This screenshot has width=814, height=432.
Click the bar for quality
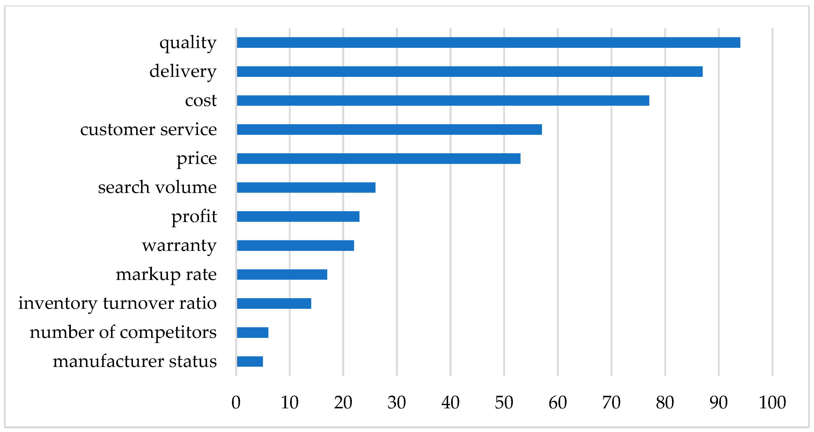coord(488,42)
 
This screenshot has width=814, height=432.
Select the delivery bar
coord(470,71)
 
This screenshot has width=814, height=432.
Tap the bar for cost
coord(443,101)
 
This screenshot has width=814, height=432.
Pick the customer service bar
coord(389,129)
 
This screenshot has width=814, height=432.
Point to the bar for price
coord(378,158)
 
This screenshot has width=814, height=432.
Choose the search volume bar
coord(306,188)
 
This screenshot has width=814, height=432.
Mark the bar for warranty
coord(295,245)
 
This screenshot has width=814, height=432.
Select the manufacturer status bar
coord(250,362)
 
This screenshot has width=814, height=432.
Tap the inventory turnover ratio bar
coord(274,304)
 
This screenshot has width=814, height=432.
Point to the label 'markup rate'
coord(166,275)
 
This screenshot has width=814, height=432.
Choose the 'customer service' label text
coord(148,129)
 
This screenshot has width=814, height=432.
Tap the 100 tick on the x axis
coord(772,403)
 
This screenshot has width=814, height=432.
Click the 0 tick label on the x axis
coord(236,403)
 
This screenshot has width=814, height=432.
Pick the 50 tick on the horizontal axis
coord(504,403)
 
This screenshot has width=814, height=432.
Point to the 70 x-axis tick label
coord(611,403)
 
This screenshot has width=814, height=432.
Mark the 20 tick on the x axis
coord(343,403)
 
